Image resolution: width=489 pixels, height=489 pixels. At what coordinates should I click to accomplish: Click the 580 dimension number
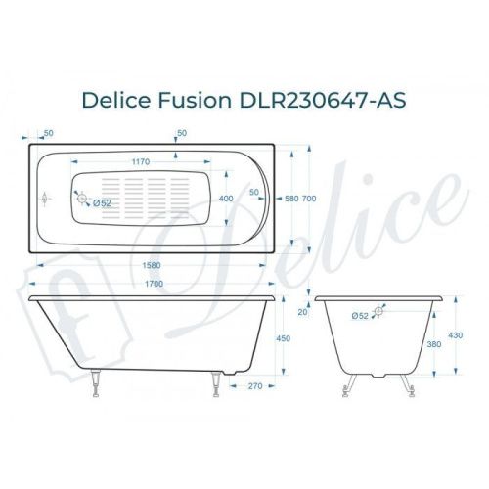pyautogui.click(x=291, y=200)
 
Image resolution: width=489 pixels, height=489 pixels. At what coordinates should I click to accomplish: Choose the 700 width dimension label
pyautogui.click(x=310, y=200)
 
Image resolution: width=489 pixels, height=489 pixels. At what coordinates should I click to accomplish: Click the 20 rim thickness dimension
pyautogui.click(x=302, y=313)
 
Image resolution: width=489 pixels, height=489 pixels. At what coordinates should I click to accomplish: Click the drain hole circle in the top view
pyautogui.click(x=83, y=201)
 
